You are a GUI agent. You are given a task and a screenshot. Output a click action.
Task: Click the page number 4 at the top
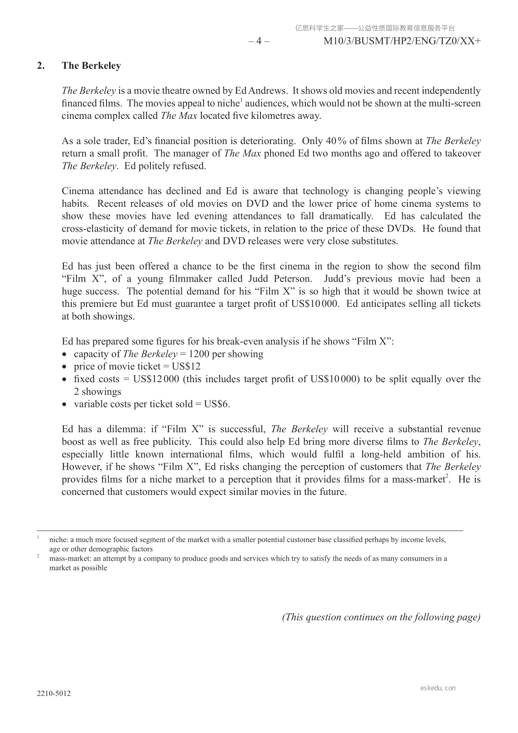(259, 41)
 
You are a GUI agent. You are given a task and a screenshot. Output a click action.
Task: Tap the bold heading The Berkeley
(91, 66)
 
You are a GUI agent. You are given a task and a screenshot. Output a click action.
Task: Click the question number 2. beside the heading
(41, 66)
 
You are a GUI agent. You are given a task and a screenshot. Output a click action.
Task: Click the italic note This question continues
(381, 617)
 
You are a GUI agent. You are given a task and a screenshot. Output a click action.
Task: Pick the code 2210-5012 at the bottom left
(53, 693)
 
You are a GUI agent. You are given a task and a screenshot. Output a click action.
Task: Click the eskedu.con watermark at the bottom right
(438, 688)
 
